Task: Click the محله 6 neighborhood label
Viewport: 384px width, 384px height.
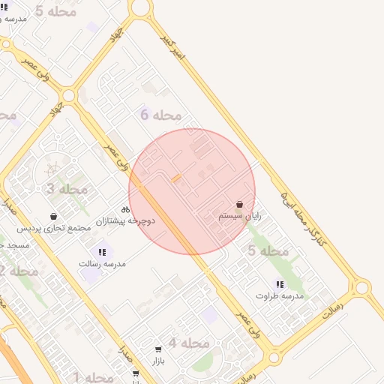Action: point(161,115)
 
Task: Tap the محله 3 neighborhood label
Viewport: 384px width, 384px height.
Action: point(67,189)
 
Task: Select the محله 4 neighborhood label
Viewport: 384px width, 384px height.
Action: point(188,343)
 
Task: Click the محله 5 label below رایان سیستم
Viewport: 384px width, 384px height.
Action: point(268,250)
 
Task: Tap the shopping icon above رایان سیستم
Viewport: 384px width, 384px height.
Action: point(240,204)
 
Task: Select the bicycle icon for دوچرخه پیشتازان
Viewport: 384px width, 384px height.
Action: point(125,210)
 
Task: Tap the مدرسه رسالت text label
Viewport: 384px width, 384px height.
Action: point(102,264)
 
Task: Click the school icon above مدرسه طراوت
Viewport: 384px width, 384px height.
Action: point(280,284)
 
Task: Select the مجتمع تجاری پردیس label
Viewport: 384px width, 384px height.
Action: point(54,227)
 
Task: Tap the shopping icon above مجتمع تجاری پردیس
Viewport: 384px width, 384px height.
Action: point(53,216)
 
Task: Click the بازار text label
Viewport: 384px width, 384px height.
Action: point(157,361)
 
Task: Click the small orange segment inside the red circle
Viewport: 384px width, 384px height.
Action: point(176,178)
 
